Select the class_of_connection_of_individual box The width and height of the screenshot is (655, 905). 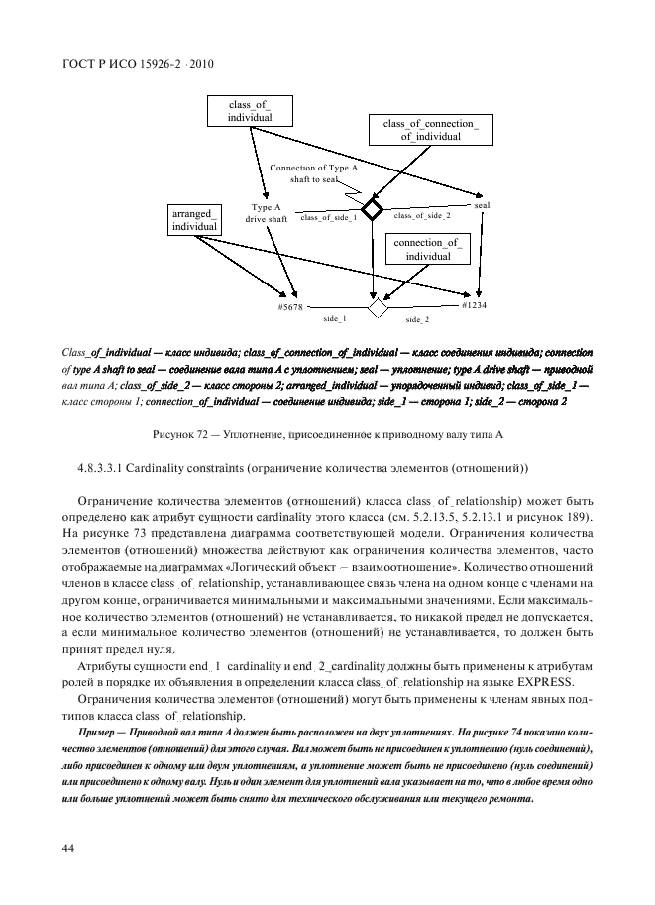point(430,130)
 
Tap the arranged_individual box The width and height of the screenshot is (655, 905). point(194,220)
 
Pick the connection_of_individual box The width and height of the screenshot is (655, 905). point(427,249)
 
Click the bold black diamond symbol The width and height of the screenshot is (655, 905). point(372,208)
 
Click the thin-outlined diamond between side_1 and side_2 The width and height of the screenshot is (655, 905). point(378,308)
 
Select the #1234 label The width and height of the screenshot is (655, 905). point(474,305)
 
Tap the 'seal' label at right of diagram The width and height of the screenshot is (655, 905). point(483,204)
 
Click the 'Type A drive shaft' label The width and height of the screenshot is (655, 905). point(266,213)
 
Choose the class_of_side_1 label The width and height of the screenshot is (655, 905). point(328,216)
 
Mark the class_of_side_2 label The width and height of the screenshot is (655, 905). point(422,215)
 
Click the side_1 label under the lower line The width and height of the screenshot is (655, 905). point(334,319)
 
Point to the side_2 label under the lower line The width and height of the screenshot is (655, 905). point(417,320)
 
